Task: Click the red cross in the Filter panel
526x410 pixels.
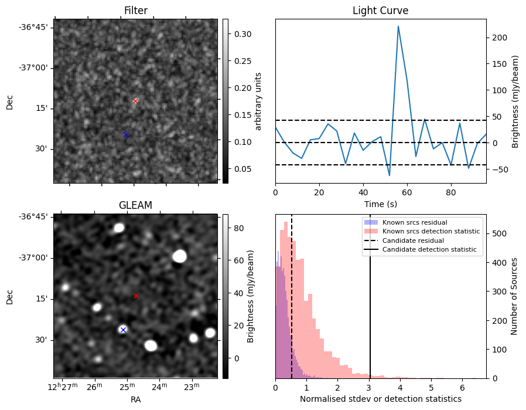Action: pyautogui.click(x=135, y=101)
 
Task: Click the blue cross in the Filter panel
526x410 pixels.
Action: pyautogui.click(x=126, y=135)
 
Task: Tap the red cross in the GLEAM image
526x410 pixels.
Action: pyautogui.click(x=136, y=296)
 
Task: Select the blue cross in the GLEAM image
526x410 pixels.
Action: pyautogui.click(x=123, y=330)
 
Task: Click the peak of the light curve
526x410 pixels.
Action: pyautogui.click(x=398, y=26)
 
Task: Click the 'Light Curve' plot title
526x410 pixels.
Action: pyautogui.click(x=380, y=11)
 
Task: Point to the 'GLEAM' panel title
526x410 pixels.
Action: pyautogui.click(x=135, y=205)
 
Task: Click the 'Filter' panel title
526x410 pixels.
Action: pyautogui.click(x=135, y=11)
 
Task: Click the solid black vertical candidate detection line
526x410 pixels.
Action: pyautogui.click(x=370, y=305)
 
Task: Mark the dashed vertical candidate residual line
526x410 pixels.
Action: pyautogui.click(x=292, y=305)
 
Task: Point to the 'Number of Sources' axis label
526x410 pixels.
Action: pyautogui.click(x=514, y=296)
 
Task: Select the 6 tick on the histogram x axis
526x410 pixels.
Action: pyautogui.click(x=462, y=387)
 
